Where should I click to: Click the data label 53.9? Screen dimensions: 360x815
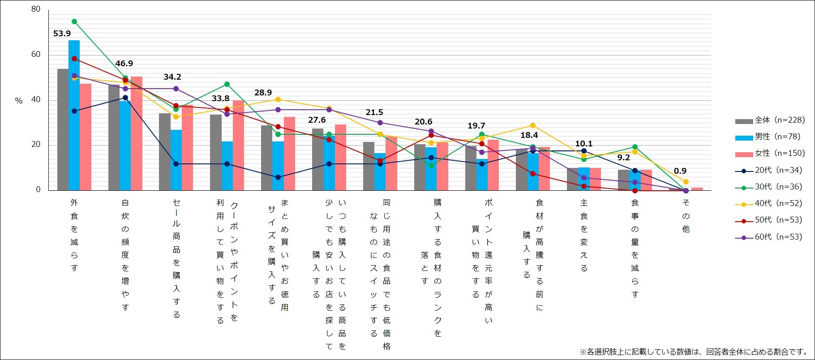pos(62,34)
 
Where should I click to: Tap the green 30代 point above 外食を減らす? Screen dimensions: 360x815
pos(74,21)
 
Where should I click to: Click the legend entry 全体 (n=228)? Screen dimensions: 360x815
pos(770,120)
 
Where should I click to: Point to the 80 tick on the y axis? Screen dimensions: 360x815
pos(36,9)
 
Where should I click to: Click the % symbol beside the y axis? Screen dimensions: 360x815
pos(19,101)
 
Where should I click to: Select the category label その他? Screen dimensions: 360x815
pos(686,215)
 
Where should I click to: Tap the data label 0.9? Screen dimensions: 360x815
pos(680,171)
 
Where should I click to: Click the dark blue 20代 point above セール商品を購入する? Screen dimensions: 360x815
pos(176,164)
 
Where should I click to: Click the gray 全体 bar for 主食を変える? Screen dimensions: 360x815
pos(572,179)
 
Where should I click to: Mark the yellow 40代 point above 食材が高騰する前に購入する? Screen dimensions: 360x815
pos(533,125)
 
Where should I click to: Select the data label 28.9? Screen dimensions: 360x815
pos(263,93)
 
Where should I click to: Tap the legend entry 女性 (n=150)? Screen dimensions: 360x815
pos(770,153)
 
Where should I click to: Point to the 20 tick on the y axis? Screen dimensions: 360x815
pos(36,145)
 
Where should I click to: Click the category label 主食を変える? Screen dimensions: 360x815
pos(584,235)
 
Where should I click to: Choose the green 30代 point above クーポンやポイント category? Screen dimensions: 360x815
pos(227,84)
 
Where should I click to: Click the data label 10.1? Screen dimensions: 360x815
pos(583,144)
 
